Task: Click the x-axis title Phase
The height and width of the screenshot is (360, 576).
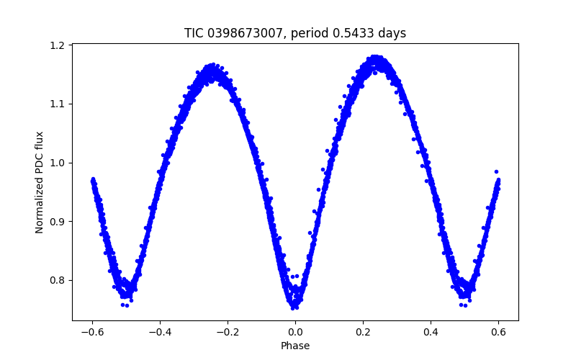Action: point(295,346)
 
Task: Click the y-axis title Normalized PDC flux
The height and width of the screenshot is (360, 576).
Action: point(40,182)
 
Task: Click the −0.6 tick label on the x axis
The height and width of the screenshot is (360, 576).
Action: point(92,332)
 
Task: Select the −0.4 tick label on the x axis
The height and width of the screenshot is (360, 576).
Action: point(160,332)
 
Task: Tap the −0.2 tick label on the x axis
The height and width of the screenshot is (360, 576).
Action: point(228,332)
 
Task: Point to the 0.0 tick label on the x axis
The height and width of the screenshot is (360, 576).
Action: point(295,332)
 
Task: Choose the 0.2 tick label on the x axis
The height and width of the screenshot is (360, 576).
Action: point(363,332)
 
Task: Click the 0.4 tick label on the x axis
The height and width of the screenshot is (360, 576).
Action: point(431,332)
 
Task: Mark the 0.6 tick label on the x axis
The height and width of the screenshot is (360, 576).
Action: point(498,332)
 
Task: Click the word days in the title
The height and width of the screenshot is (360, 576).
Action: point(392,33)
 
